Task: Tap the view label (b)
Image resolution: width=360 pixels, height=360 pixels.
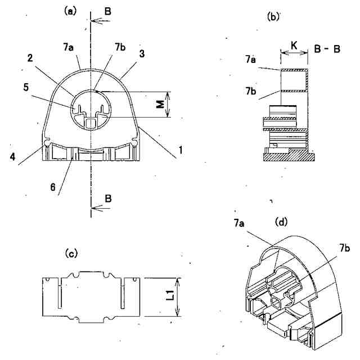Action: click(x=273, y=17)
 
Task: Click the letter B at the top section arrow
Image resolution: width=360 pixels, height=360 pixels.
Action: click(x=107, y=10)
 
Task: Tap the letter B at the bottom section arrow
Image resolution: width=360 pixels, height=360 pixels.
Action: click(x=107, y=197)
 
